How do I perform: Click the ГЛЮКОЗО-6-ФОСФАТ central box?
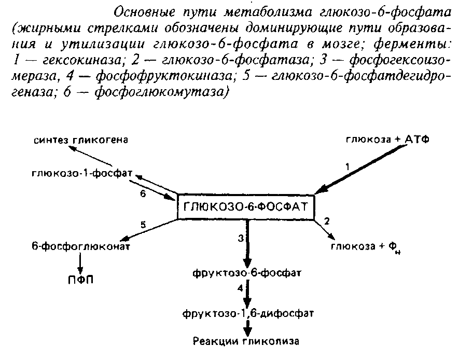pyautogui.click(x=246, y=206)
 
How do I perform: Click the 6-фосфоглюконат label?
pyautogui.click(x=80, y=246)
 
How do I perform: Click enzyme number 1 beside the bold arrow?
pyautogui.click(x=349, y=167)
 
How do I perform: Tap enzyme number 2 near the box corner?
pyautogui.click(x=327, y=220)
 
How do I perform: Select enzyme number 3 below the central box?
pyautogui.click(x=240, y=238)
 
